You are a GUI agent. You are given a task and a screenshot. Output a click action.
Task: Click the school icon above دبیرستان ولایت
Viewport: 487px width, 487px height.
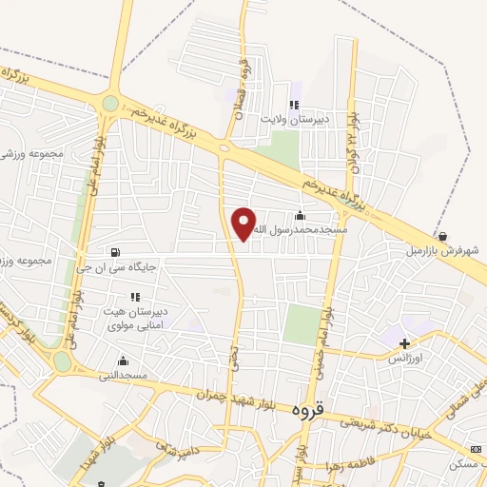(295, 105)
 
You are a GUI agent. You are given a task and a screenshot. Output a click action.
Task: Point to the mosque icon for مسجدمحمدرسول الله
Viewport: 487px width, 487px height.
(301, 215)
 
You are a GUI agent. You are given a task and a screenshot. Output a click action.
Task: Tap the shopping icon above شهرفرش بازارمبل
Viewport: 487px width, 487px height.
(443, 236)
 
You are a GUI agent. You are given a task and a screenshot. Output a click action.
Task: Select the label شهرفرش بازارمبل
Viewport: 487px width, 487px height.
(441, 251)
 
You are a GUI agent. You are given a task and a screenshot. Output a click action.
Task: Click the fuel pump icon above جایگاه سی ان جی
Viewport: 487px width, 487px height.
(116, 253)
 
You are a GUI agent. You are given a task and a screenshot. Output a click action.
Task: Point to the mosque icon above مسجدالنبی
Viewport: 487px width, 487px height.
(123, 361)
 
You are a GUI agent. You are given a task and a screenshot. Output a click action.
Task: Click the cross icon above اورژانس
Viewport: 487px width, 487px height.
(405, 343)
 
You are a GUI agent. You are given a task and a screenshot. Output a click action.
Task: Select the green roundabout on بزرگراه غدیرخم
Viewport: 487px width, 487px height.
(110, 103)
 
